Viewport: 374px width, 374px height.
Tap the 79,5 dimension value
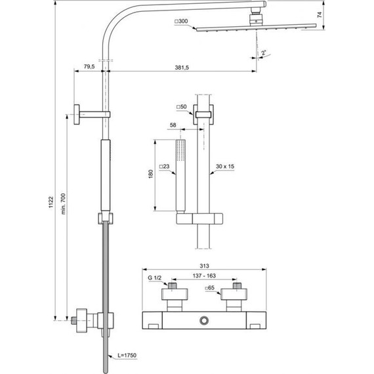click(x=90, y=66)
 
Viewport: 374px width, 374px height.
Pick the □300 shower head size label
click(x=180, y=23)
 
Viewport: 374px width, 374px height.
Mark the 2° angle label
click(x=264, y=52)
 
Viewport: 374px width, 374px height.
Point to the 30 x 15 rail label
click(x=225, y=166)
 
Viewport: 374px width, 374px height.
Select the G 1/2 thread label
click(x=154, y=279)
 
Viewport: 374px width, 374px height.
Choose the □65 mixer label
click(x=209, y=288)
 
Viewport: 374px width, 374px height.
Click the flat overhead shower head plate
click(x=256, y=27)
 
